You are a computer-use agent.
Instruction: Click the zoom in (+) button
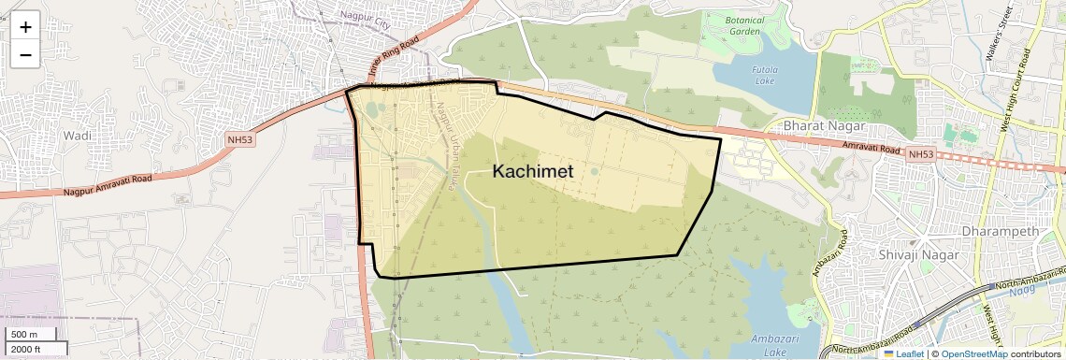coord(25,27)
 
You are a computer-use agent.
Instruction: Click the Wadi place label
coord(76,136)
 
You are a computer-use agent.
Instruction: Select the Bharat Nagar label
coord(823,126)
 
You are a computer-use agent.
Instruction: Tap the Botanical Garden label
coord(746,25)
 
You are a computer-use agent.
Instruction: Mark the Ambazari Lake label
coord(776,345)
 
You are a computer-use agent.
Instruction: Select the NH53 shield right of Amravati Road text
coord(921,154)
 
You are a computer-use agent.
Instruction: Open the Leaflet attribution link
coord(902,353)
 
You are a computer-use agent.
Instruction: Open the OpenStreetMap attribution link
coord(973,353)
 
